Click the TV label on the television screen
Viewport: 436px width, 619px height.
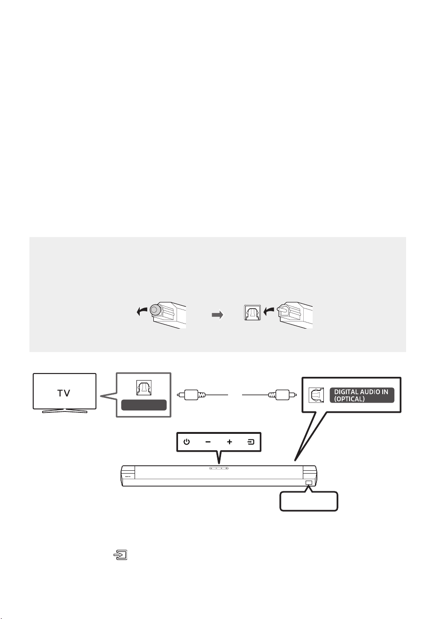(x=64, y=393)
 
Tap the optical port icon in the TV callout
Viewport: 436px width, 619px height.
(x=143, y=388)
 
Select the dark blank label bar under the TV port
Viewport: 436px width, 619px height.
(x=144, y=405)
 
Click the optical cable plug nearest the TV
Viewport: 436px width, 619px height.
(x=191, y=395)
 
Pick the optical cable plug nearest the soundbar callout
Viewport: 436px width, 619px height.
(x=282, y=395)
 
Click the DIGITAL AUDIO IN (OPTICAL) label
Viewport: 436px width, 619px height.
(x=362, y=396)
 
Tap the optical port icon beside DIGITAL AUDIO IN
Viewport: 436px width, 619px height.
(x=316, y=395)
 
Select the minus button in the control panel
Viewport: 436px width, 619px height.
(x=208, y=442)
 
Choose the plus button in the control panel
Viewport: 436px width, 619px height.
(x=229, y=442)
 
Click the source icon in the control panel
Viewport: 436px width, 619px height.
(x=250, y=442)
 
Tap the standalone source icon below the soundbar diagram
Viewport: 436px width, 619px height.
(x=121, y=554)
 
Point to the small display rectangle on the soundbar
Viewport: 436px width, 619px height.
(x=309, y=482)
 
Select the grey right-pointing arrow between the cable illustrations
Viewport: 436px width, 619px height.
(x=217, y=315)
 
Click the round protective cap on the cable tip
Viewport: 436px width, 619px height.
(x=155, y=310)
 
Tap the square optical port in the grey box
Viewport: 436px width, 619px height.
(x=252, y=312)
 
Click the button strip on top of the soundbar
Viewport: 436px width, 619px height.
(x=219, y=468)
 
